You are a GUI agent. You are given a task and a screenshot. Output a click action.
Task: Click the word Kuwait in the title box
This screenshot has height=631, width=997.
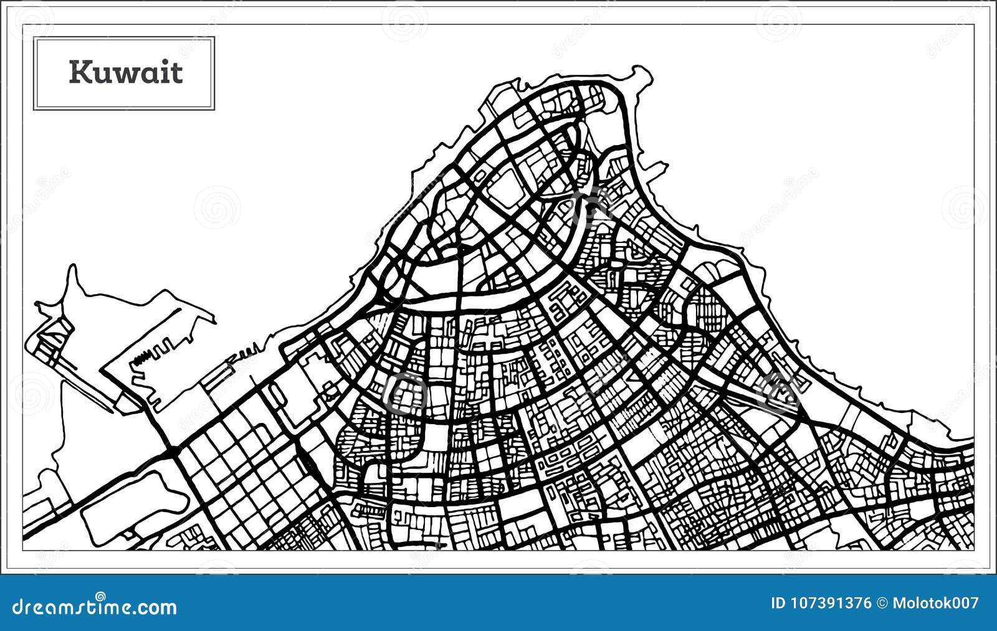coord(125,72)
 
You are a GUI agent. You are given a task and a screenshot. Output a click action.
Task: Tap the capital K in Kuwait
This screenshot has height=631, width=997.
coord(79,72)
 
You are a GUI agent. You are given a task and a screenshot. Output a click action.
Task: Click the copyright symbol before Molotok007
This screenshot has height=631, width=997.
coord(882,603)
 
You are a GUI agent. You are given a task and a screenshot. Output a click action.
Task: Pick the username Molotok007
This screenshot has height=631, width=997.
coord(935,603)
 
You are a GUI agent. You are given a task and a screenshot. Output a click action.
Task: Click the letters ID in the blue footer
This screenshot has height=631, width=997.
coord(778,603)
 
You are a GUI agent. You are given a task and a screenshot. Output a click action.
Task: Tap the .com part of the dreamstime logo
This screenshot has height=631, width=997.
coord(154,607)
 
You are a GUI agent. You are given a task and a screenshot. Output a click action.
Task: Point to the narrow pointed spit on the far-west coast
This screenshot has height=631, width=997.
coord(74,274)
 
